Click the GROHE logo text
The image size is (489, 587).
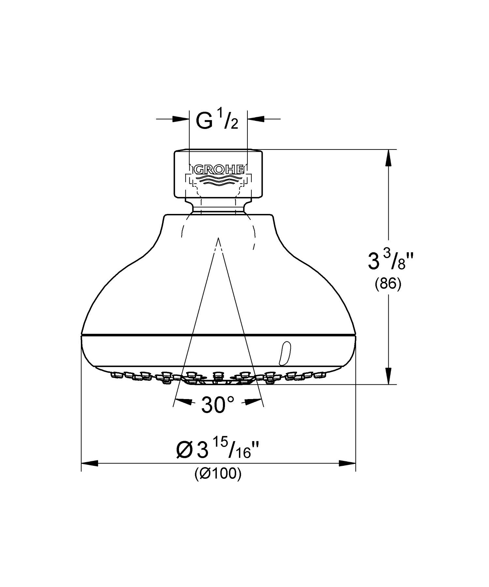point(218,170)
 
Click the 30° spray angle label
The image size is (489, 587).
point(217,405)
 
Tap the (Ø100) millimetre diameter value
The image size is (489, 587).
point(218,474)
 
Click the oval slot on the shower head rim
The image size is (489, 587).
point(284,353)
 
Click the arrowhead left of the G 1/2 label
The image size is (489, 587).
point(181,119)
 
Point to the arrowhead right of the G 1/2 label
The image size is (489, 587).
point(256,119)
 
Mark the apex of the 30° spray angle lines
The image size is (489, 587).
point(218,238)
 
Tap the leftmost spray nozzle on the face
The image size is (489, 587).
point(115,375)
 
